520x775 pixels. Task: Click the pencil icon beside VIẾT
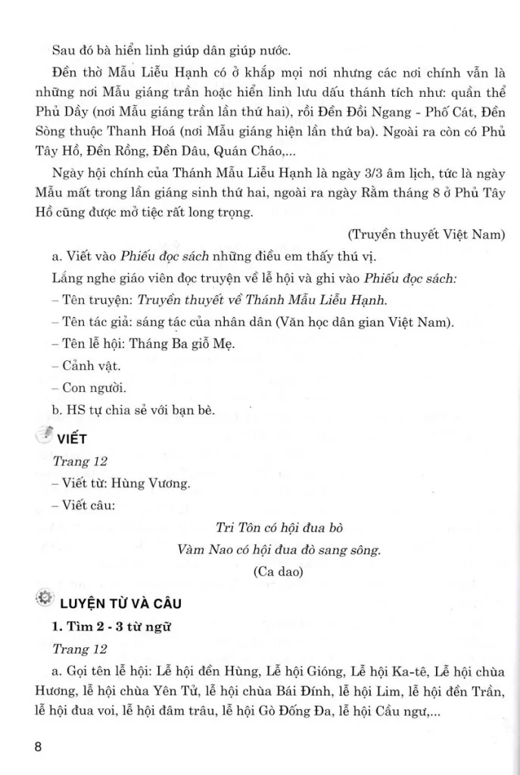click(x=44, y=435)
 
